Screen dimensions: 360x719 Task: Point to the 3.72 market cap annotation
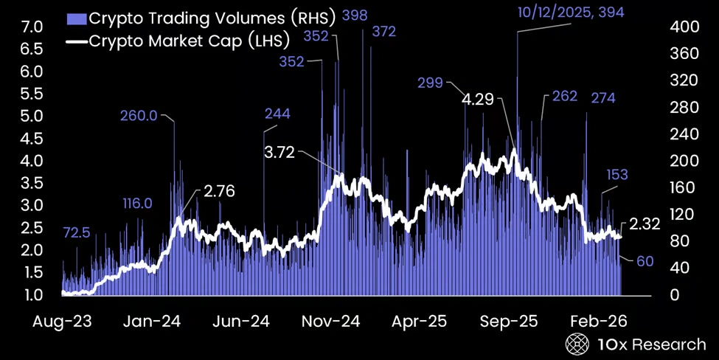(279, 153)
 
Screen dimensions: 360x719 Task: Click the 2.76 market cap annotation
(219, 192)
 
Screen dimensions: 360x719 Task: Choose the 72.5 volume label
(77, 232)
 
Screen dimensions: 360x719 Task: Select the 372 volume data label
(383, 32)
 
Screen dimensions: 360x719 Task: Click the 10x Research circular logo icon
(577, 343)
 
